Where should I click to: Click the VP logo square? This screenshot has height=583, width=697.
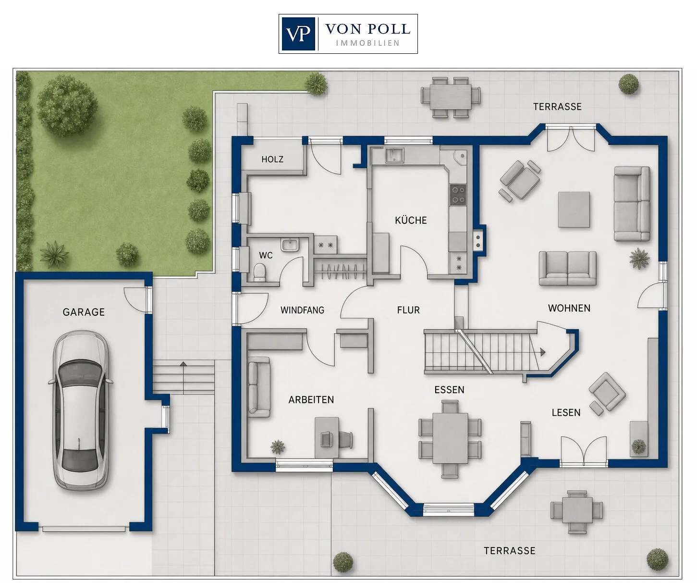coord(298,34)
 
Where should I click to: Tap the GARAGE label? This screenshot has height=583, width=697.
coord(84,312)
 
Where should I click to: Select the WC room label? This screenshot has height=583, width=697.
coord(266,255)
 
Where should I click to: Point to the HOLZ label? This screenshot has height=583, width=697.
coord(272,160)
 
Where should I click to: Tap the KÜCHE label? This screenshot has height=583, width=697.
coord(411,220)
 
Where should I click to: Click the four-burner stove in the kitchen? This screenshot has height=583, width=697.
coord(458,195)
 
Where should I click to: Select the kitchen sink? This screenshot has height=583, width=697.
coord(394,155)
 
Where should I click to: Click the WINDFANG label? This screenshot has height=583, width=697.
coord(303,310)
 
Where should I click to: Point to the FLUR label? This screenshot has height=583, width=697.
coord(409,310)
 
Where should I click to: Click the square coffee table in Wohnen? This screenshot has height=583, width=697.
coord(574,210)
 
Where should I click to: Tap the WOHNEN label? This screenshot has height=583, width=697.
coord(569,308)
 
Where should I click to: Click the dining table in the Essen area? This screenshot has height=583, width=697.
coord(450,438)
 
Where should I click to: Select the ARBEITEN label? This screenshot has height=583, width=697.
coord(311,399)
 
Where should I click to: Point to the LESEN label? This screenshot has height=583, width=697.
coord(566,412)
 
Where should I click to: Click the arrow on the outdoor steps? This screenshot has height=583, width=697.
coord(183,377)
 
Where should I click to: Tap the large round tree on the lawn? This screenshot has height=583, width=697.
coord(67,105)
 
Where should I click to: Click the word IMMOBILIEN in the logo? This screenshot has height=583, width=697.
coord(368,43)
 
